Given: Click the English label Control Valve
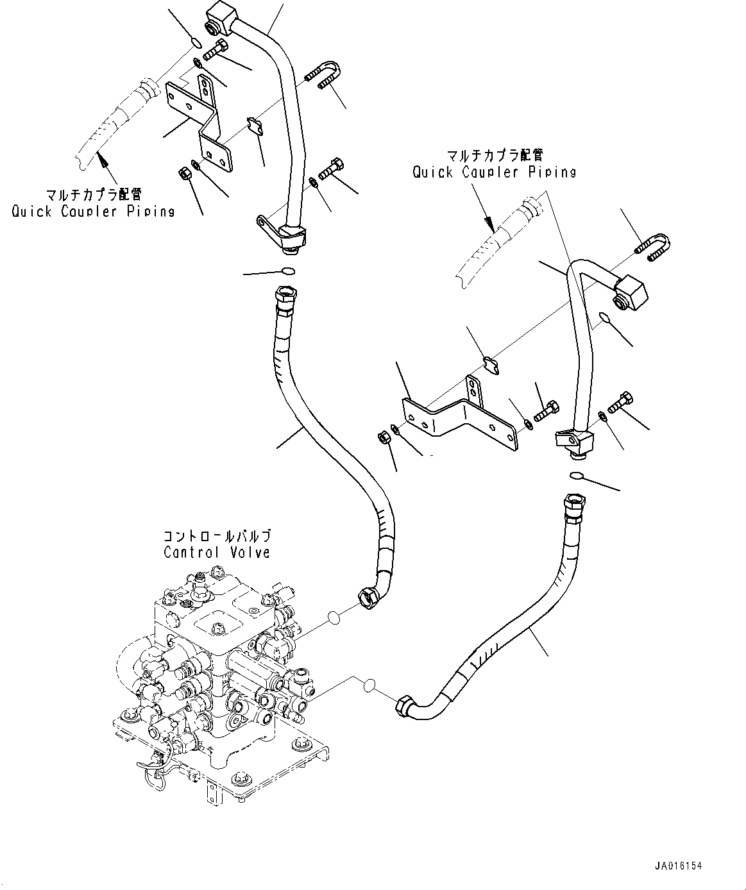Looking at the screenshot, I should (217, 552).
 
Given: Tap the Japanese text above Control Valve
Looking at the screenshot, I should (217, 535).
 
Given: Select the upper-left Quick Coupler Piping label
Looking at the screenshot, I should (93, 210).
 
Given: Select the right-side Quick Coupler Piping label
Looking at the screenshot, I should (494, 171).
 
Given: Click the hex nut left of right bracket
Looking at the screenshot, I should (382, 438).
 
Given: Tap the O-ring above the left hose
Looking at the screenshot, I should (289, 271).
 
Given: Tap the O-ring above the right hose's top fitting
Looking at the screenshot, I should (575, 475).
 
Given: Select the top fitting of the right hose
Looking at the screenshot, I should (572, 505).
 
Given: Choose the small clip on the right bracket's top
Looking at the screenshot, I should (491, 365).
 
